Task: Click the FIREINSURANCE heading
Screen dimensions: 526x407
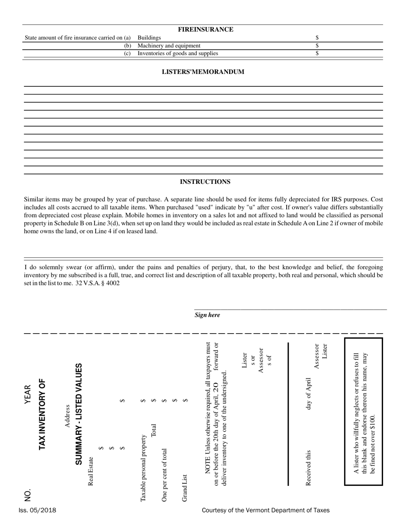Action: [206, 30]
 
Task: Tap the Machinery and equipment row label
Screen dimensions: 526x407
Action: [169, 46]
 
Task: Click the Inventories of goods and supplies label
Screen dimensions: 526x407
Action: [177, 53]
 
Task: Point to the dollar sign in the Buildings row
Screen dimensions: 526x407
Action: [317, 38]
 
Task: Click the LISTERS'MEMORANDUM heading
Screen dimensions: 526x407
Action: [203, 72]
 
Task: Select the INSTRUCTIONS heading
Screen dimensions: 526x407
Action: [205, 182]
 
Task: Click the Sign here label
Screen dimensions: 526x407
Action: [207, 315]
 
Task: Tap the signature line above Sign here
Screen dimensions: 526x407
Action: [290, 309]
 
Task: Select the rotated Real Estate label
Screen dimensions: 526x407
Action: [91, 471]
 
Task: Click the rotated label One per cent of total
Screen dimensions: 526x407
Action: [164, 475]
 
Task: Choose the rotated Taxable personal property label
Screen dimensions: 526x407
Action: [143, 468]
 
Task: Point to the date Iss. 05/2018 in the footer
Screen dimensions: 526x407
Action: [37, 510]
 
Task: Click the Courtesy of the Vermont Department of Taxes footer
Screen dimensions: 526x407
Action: [266, 510]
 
